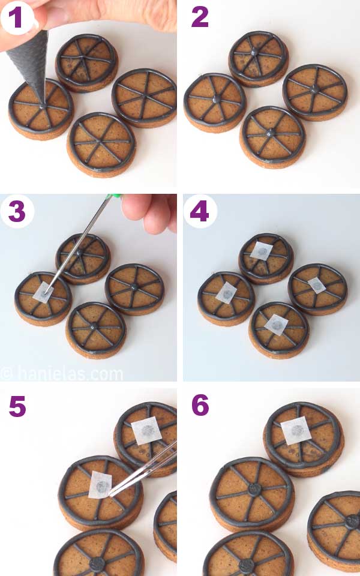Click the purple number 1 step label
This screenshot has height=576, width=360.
tap(16, 18)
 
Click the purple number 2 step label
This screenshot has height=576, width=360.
tap(200, 18)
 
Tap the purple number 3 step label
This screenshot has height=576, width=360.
tap(17, 212)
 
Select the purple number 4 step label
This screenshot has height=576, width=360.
tap(200, 212)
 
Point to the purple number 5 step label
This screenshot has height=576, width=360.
tap(18, 406)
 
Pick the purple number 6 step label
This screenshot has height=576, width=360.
tap(200, 406)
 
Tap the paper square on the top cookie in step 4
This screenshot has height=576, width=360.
tap(262, 251)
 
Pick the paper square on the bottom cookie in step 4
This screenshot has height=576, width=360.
tap(275, 324)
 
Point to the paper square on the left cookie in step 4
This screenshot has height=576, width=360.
tap(226, 292)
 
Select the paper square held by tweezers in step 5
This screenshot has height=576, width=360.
tap(101, 485)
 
